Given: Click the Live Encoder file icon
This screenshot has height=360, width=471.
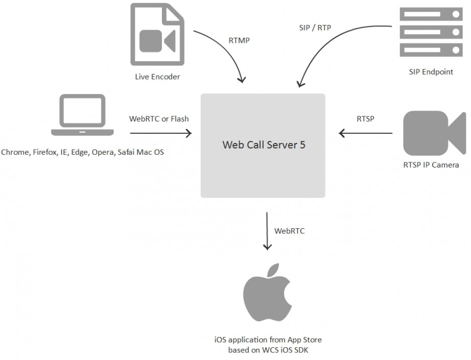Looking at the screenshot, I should coord(158,35).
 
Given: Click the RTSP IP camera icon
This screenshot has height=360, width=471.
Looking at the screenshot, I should coord(434,133).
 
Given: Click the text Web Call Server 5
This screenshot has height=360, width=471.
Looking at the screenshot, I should coord(264,145).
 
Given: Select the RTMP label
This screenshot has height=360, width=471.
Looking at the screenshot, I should coord(239,41).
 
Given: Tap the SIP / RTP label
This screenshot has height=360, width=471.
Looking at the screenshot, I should coord(314,28).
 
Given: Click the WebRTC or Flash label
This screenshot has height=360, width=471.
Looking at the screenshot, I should coord(159,119).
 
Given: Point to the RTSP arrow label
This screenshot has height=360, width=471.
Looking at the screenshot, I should coord(365,119).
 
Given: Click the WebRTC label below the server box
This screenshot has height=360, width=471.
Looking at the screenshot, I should coord(290,231).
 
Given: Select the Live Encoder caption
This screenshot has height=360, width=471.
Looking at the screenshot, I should coord(157,77).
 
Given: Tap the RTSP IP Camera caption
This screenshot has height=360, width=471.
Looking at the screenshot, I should coord(431,165).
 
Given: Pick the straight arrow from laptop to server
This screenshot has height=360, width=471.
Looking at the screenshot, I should coord(160,134).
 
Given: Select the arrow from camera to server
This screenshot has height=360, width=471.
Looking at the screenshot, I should coord(366,134).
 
